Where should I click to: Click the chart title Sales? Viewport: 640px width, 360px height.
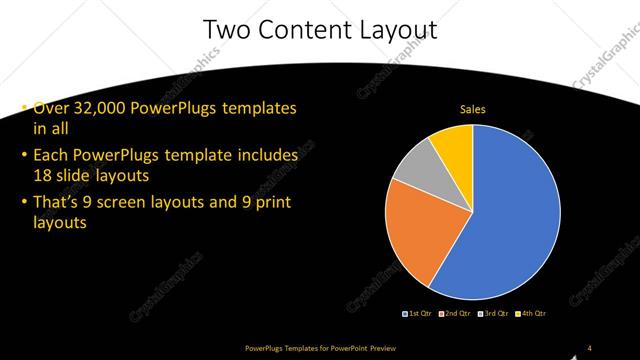point(472,109)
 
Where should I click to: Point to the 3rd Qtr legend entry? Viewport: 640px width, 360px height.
point(494,314)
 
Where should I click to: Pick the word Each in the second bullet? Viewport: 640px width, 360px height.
point(51,156)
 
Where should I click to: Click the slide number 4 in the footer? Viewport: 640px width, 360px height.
point(590,348)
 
